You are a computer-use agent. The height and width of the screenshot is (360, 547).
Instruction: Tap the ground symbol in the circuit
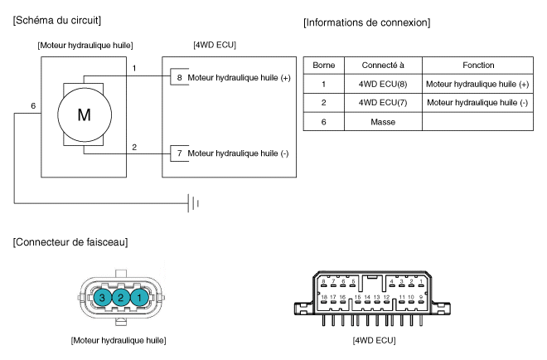(192, 202)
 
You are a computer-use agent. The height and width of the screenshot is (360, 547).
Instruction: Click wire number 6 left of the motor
(33, 107)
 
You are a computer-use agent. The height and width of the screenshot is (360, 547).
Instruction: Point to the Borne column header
(322, 65)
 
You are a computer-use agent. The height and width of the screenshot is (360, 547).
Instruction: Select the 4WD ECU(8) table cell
(381, 84)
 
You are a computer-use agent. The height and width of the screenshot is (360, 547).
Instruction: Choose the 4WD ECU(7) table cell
(381, 102)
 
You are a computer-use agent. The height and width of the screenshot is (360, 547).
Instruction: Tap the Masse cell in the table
(381, 121)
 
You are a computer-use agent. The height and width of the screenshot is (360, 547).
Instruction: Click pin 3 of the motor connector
(101, 297)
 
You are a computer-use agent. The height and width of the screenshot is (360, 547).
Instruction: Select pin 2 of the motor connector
(121, 297)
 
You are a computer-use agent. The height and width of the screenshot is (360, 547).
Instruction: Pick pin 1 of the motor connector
(141, 297)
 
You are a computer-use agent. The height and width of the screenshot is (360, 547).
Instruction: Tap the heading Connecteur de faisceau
(71, 241)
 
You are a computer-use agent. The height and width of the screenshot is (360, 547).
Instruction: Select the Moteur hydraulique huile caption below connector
(119, 339)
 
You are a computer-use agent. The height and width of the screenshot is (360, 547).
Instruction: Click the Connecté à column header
(381, 65)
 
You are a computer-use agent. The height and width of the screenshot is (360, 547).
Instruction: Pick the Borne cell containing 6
(322, 121)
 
